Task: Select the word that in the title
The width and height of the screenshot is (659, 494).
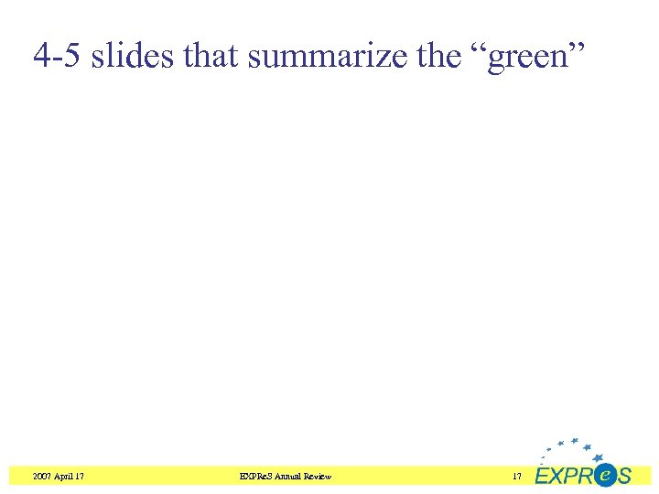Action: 212,58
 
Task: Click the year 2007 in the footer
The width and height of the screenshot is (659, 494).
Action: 42,477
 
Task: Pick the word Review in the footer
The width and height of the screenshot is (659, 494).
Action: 318,477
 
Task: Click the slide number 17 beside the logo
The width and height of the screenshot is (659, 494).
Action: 517,477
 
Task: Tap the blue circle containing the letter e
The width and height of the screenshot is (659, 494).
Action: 604,474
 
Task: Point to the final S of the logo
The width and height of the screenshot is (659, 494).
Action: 623,477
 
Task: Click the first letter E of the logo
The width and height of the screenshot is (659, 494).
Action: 543,477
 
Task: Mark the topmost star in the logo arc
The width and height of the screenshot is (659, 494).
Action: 574,440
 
